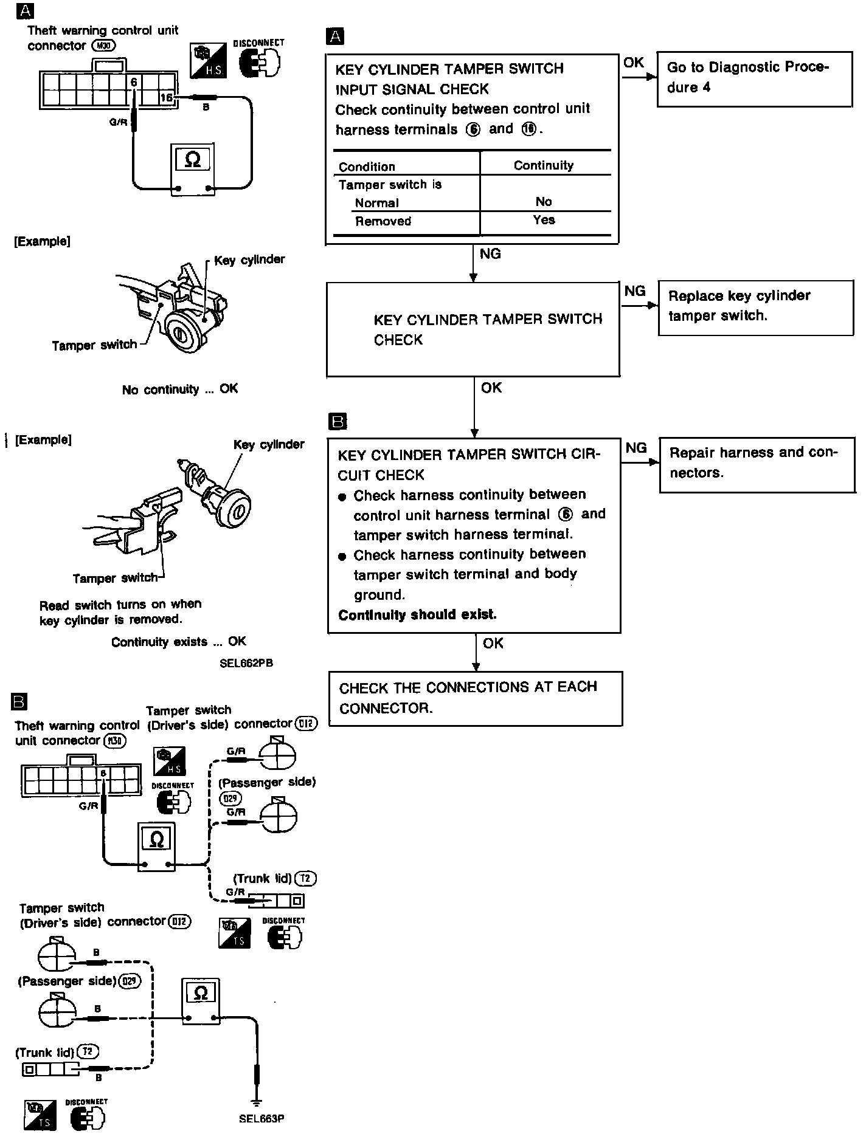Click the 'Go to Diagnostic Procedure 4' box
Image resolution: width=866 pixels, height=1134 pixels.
click(x=754, y=78)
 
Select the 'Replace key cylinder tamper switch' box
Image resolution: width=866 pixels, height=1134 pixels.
click(x=755, y=307)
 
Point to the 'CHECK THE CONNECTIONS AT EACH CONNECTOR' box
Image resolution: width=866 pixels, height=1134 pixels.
click(x=475, y=698)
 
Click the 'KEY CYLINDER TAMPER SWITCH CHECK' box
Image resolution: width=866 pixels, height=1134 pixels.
click(x=473, y=329)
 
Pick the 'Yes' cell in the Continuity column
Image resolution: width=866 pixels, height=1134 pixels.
click(x=544, y=220)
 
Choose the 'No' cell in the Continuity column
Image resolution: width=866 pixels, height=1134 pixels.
click(x=544, y=202)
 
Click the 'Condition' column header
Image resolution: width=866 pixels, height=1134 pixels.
click(x=367, y=167)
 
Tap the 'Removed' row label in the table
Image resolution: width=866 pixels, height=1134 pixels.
click(x=383, y=221)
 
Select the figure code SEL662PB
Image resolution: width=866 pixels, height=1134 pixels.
click(x=246, y=663)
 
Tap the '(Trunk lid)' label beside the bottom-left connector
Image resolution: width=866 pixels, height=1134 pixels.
click(x=44, y=1052)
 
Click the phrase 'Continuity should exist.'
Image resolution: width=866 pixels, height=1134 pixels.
click(x=417, y=614)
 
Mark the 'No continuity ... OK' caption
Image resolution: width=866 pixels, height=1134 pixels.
click(x=180, y=389)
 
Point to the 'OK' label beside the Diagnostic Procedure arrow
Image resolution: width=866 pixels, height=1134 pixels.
click(x=634, y=63)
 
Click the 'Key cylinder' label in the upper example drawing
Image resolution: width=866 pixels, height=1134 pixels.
click(x=249, y=260)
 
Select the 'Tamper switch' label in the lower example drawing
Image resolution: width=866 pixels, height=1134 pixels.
click(x=115, y=578)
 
